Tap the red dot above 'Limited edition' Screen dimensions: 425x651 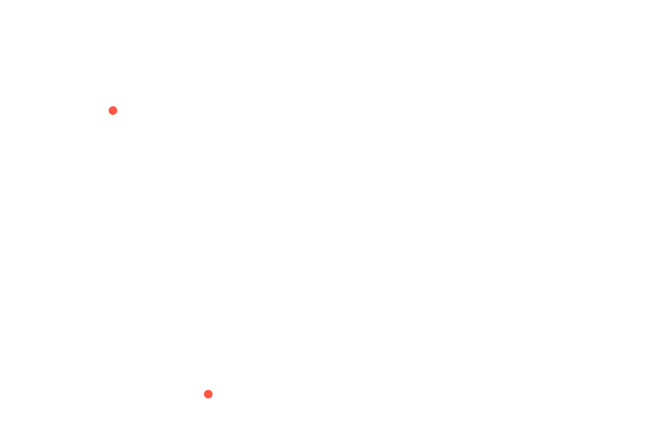point(113,110)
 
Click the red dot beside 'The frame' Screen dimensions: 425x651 point(209,395)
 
